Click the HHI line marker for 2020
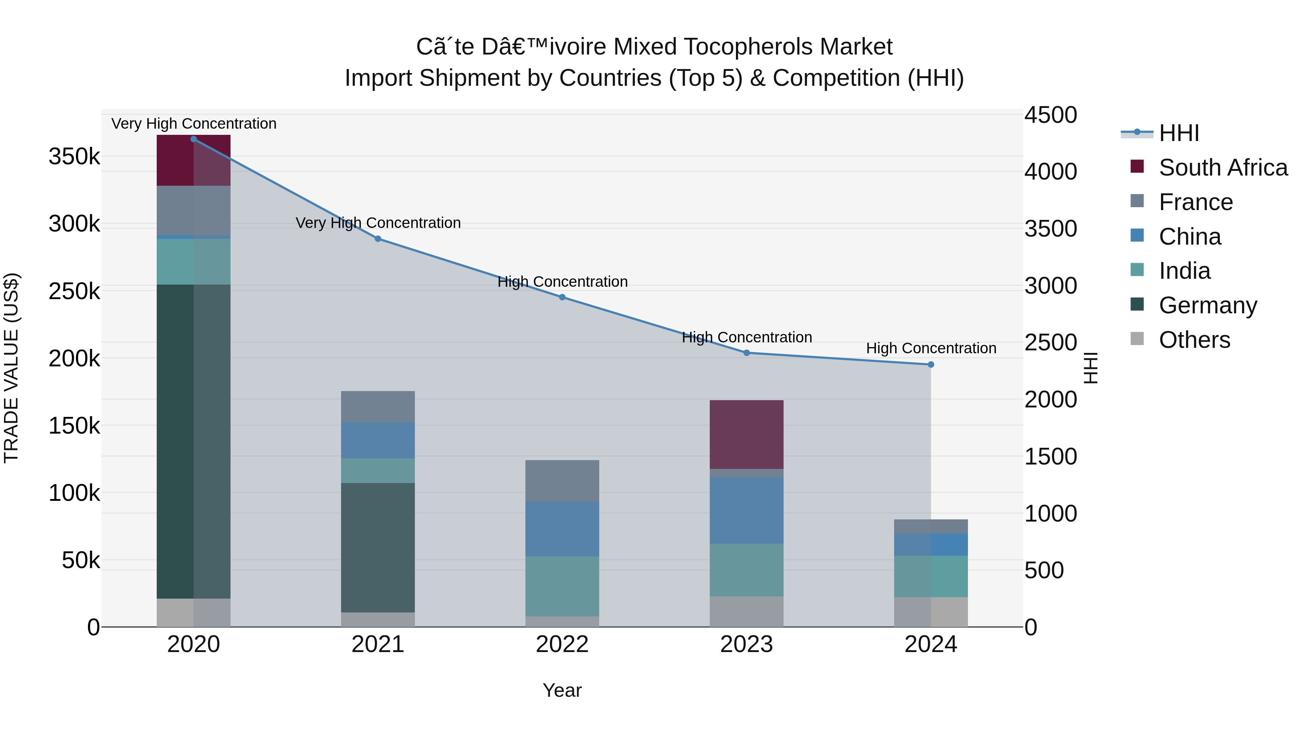point(193,139)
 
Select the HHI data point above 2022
point(563,297)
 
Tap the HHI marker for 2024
point(931,365)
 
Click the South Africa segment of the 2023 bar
point(746,434)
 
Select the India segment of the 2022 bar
point(562,586)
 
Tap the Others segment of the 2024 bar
point(931,612)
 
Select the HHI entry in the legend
point(1178,133)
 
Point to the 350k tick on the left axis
point(74,156)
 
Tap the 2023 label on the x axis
point(746,644)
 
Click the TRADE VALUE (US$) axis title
point(11,368)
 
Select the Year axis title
point(562,690)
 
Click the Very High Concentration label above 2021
point(378,223)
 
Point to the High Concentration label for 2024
point(931,349)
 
